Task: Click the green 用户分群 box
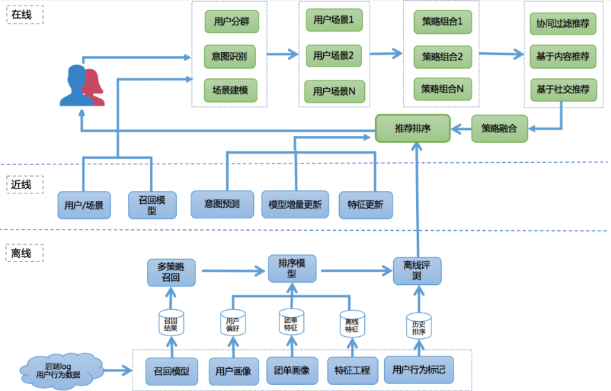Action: coord(231,21)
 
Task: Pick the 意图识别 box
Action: coord(231,55)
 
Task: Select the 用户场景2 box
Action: coord(334,55)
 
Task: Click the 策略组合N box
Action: coord(442,89)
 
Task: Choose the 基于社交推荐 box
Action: coord(562,89)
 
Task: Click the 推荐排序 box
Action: coord(413,129)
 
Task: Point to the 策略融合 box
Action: coord(499,128)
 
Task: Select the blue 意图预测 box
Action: coord(222,205)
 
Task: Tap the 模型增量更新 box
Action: coord(295,205)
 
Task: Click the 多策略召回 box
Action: coord(171,272)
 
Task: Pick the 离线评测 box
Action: coord(417,271)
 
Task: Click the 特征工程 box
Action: coord(351,370)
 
